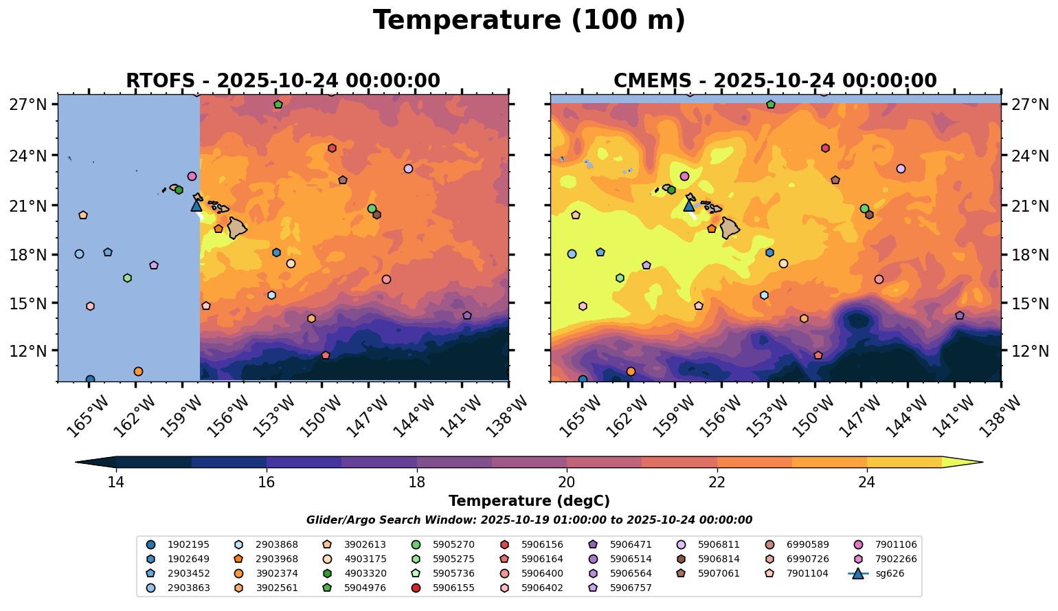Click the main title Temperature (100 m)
point(529,21)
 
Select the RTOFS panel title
point(282,81)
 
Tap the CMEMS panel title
point(775,81)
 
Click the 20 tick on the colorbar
point(567,482)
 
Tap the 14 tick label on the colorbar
point(115,482)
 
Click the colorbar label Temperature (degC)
point(529,501)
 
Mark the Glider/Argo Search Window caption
point(529,520)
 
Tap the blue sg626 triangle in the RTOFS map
point(196,205)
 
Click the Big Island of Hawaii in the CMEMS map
point(730,227)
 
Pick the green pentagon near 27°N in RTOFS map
point(278,104)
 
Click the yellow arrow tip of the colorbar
point(976,463)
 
